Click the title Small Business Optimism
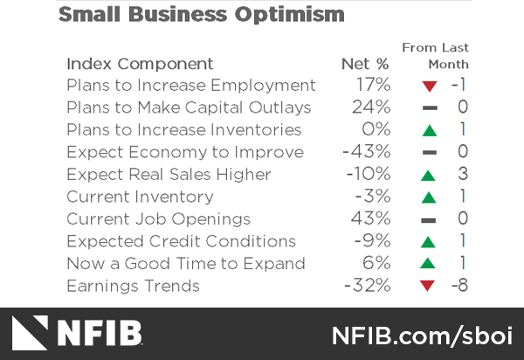[x=201, y=15]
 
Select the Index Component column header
[x=140, y=64]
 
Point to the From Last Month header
[x=436, y=56]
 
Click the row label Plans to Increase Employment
[x=190, y=86]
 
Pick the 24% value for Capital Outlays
[x=371, y=107]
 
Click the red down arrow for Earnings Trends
[x=428, y=287]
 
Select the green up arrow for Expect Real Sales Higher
[x=428, y=176]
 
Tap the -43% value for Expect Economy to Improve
[x=367, y=152]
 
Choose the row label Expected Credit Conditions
[x=181, y=241]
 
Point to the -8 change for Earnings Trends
[x=459, y=286]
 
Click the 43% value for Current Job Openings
[x=371, y=219]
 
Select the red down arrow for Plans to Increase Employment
[x=428, y=87]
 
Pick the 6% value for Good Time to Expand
[x=376, y=264]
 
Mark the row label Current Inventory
[x=140, y=197]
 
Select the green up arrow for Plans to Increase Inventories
[x=428, y=131]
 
